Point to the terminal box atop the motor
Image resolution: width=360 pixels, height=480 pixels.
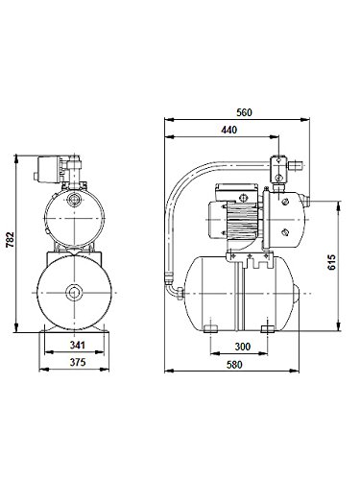[231, 188]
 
